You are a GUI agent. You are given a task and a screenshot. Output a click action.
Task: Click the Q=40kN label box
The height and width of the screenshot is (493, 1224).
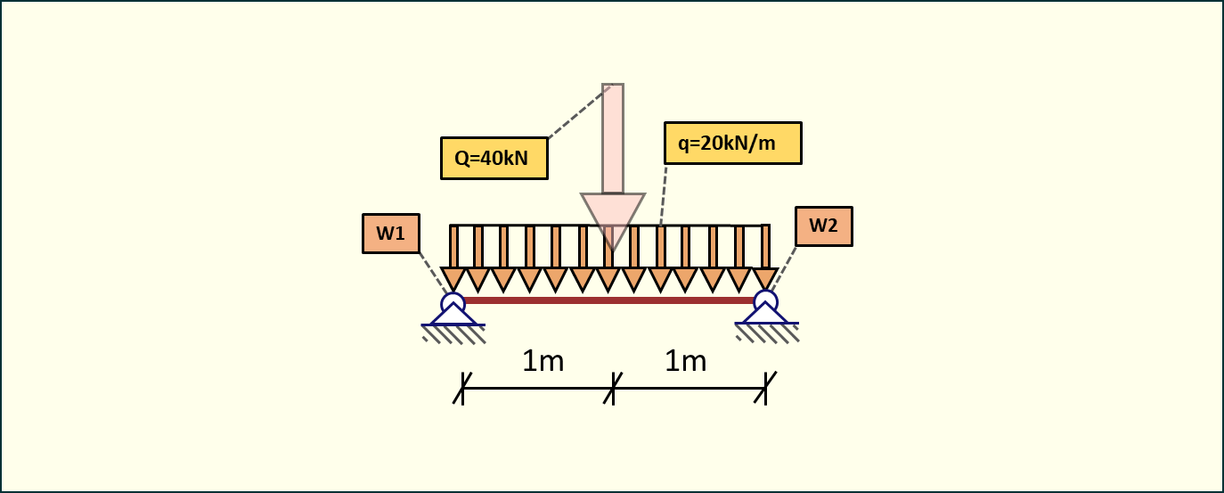(494, 159)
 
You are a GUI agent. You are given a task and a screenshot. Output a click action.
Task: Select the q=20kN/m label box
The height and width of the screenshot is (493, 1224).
(732, 143)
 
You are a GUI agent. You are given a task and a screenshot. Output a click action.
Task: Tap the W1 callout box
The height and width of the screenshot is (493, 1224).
(390, 234)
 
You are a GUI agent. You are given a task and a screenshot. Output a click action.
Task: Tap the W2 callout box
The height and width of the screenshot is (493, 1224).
(823, 226)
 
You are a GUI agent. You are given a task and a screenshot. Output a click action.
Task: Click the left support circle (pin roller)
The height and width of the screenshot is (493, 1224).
(453, 302)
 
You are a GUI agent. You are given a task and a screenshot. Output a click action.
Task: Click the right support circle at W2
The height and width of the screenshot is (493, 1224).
(765, 300)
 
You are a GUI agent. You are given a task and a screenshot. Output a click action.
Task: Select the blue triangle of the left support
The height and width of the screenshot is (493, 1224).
(453, 316)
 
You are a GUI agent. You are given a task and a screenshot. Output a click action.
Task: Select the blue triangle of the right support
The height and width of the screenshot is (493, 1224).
(765, 315)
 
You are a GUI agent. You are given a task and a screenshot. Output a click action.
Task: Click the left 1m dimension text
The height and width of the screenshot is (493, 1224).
(543, 361)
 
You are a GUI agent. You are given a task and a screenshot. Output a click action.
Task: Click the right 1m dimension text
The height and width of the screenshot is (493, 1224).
(685, 361)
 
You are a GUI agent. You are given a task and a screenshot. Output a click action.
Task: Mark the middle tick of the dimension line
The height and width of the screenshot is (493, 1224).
(614, 388)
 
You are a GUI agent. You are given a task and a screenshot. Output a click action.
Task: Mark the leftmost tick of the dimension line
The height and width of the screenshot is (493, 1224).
(462, 388)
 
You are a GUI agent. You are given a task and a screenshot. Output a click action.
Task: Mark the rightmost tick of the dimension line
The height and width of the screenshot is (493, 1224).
(766, 388)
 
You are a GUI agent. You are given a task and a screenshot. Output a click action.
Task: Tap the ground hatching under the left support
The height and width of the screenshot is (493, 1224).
(453, 333)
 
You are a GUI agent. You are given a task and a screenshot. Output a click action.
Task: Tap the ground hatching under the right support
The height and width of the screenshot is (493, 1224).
(767, 333)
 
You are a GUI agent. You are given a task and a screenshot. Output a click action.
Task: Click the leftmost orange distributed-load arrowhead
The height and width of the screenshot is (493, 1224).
(453, 278)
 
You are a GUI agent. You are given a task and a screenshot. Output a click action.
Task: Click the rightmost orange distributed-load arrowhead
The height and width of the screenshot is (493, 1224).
(765, 277)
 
